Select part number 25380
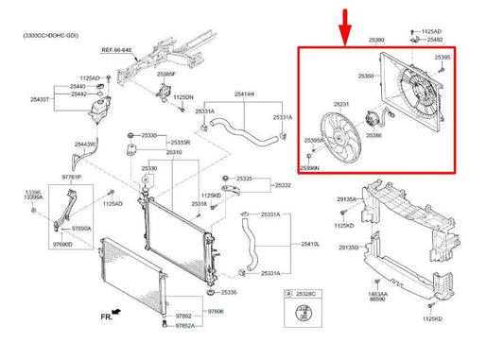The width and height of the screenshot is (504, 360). coord(376,41)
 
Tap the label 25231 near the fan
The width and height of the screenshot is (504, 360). coord(341,104)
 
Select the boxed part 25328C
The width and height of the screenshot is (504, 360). coord(305,295)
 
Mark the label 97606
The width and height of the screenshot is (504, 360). coord(217,310)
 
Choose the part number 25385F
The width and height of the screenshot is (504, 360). coord(166,73)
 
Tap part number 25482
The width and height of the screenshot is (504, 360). coord(434,41)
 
